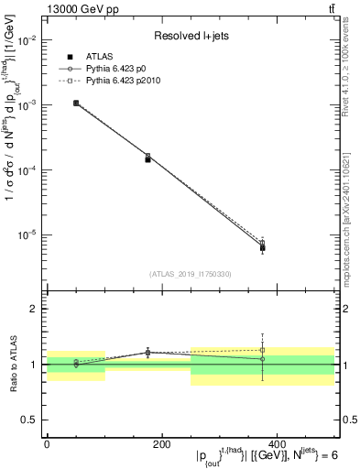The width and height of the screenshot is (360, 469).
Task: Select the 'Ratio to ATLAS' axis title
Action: point(12,364)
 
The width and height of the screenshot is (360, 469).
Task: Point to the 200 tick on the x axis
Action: point(161,443)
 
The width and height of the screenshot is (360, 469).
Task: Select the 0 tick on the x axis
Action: point(47,443)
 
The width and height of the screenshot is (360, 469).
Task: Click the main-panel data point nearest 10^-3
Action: point(76,103)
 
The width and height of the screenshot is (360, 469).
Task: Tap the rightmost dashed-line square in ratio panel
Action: point(262,350)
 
